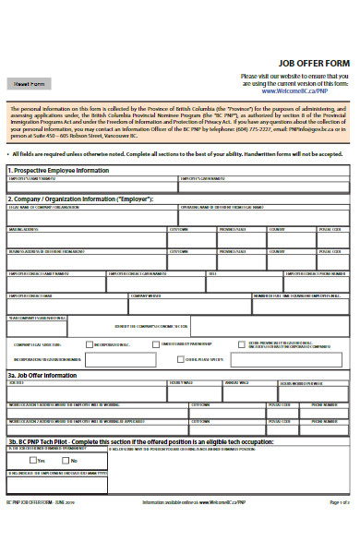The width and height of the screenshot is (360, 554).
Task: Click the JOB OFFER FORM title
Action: pos(313,63)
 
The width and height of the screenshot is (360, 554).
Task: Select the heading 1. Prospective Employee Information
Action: pos(59,171)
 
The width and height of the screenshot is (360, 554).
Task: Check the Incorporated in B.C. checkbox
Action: pos(90,343)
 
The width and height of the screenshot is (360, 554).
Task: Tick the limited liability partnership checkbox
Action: pos(157,343)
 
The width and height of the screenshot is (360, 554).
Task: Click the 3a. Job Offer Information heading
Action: pos(42,375)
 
